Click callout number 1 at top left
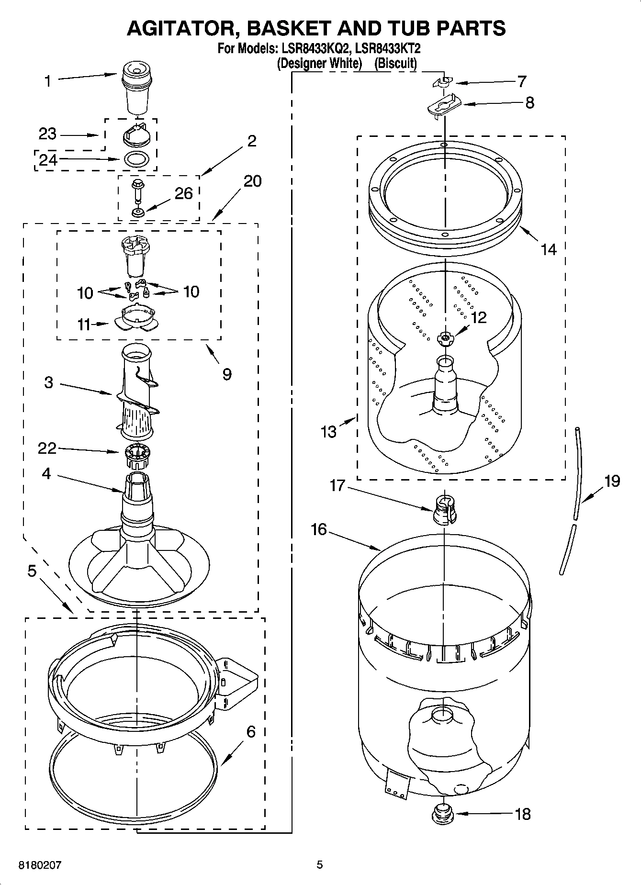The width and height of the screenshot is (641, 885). click(47, 81)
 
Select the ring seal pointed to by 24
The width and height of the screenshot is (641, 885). click(136, 158)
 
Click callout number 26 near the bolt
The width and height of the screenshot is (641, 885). click(183, 194)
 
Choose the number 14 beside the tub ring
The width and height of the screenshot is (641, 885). click(549, 249)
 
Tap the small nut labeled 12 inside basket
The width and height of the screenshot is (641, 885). click(445, 338)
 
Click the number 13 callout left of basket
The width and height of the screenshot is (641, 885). click(329, 432)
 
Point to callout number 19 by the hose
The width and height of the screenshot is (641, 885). click(612, 481)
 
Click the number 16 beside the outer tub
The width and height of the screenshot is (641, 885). click(318, 529)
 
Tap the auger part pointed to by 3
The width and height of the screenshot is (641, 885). click(136, 390)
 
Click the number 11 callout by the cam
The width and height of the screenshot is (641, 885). click(84, 325)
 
